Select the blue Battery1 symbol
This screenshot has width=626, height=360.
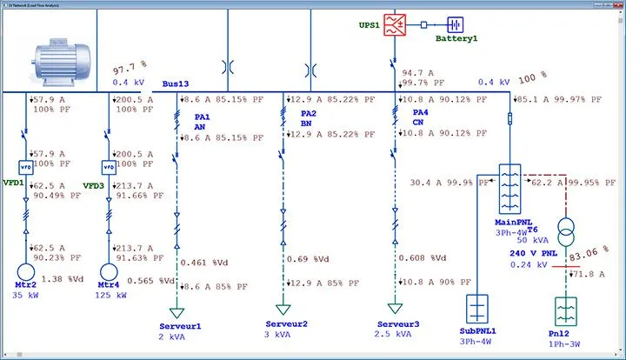coord(456,25)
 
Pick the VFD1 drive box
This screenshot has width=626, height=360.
coord(25,166)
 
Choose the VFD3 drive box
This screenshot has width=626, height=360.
coord(109,166)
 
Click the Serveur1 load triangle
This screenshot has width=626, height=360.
coord(178,310)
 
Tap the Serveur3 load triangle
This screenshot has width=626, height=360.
coord(395,308)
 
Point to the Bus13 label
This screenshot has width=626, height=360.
coord(176,84)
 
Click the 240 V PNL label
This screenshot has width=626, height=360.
coord(534,253)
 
